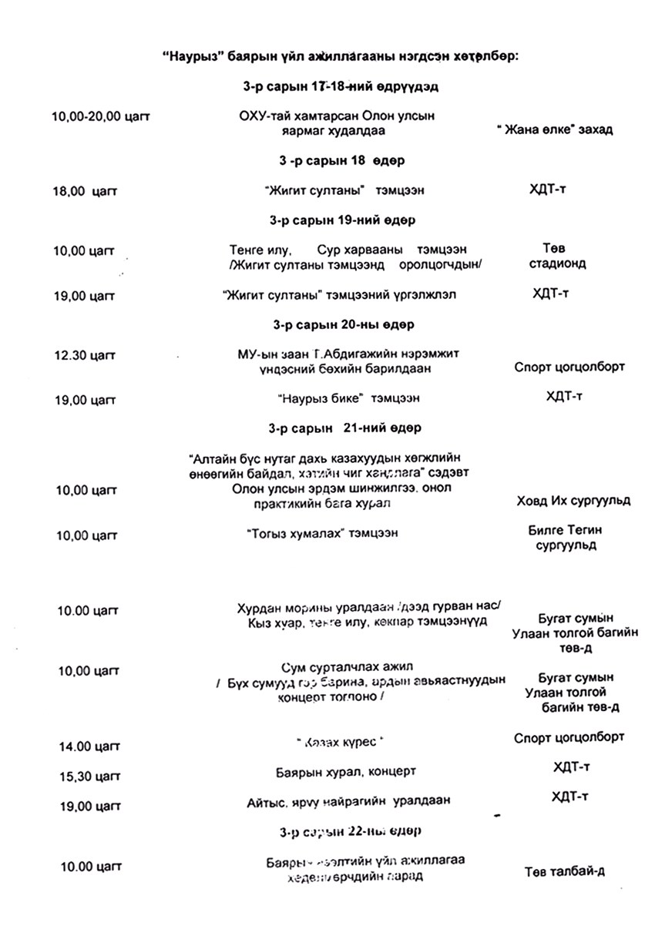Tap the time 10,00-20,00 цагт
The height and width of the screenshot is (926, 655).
point(100,116)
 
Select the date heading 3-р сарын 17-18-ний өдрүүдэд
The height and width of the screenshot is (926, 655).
point(336,87)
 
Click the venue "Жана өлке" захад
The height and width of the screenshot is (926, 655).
point(555,129)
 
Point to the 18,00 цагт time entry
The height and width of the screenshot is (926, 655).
point(84,190)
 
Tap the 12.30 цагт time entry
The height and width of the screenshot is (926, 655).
point(86,355)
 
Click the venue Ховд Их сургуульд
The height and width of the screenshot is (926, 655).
point(573,501)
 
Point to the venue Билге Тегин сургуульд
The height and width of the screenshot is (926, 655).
point(566,538)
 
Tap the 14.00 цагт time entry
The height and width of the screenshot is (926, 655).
point(86,746)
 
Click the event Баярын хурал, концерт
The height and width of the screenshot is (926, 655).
point(346,771)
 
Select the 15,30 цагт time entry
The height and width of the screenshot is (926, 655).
point(86,776)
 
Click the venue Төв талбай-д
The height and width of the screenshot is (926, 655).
point(565,872)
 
